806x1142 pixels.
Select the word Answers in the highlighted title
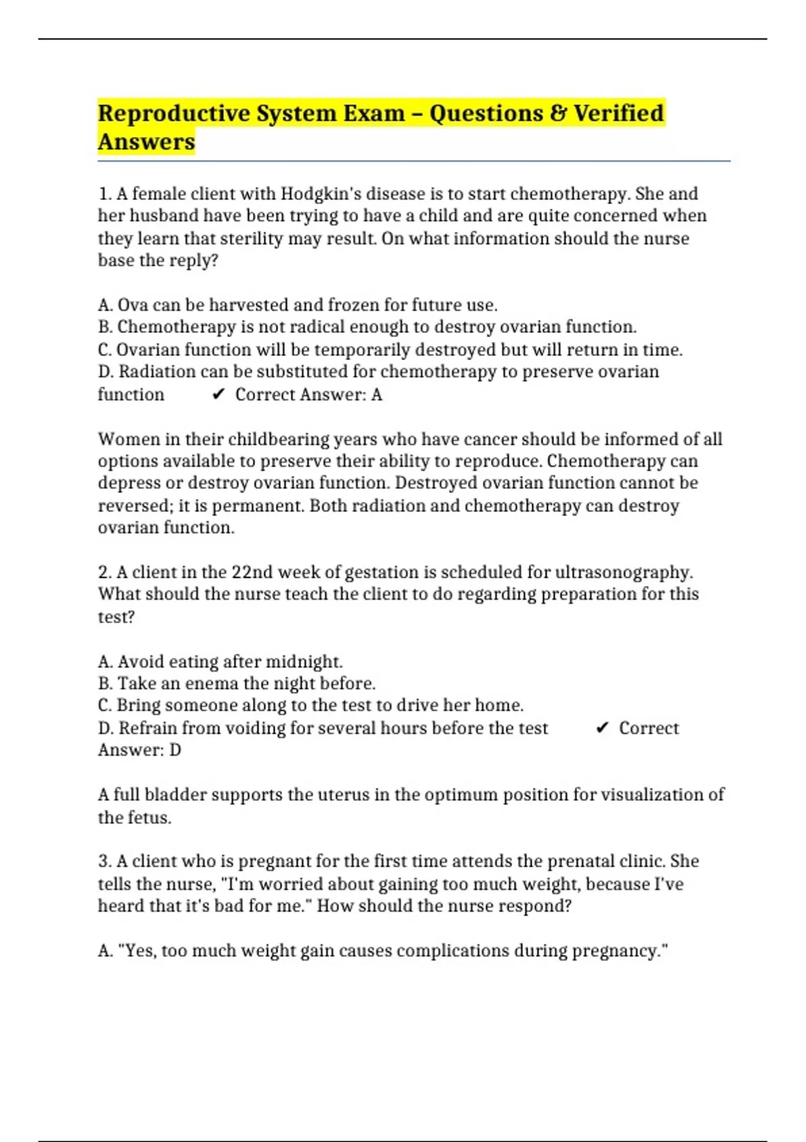click(x=146, y=142)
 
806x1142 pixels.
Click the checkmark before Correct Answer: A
click(x=218, y=395)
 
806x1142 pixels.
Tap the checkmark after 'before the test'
click(x=602, y=728)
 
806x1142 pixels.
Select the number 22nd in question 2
click(x=252, y=572)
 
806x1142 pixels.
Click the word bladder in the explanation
click(x=177, y=795)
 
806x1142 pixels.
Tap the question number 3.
click(x=105, y=861)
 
